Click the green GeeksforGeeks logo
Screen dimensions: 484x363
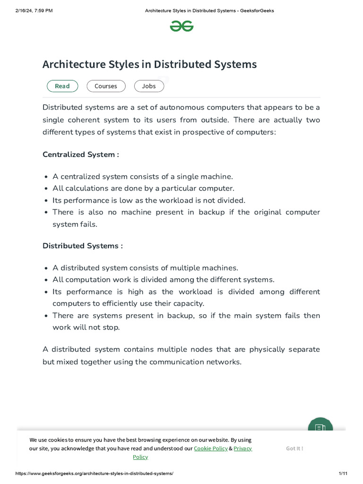click(x=181, y=26)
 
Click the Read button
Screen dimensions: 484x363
click(x=62, y=86)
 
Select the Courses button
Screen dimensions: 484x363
click(x=106, y=86)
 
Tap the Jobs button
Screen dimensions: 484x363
click(x=149, y=86)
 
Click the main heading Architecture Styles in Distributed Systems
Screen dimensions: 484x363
click(x=149, y=64)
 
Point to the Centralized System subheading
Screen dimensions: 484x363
click(x=80, y=155)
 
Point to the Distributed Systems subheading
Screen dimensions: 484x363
click(x=82, y=246)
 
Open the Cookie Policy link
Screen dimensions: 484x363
click(x=210, y=448)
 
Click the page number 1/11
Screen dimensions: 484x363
click(x=343, y=473)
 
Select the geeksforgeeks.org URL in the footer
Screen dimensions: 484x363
click(x=95, y=473)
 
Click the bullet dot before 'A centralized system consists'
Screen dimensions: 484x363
click(x=46, y=177)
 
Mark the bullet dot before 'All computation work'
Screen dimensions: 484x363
click(x=46, y=280)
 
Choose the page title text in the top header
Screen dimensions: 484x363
click(x=209, y=10)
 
